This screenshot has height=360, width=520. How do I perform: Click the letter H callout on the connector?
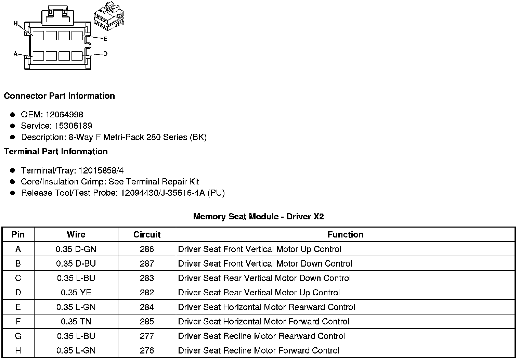pyautogui.click(x=15, y=23)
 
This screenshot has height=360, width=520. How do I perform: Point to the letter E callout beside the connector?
pyautogui.click(x=105, y=39)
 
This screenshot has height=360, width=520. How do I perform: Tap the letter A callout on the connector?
pyautogui.click(x=15, y=54)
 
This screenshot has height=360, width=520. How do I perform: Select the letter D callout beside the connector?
pyautogui.click(x=105, y=54)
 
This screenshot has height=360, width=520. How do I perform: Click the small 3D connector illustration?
pyautogui.click(x=109, y=19)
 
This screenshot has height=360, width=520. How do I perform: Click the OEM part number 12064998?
pyautogui.click(x=64, y=115)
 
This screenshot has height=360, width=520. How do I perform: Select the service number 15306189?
pyautogui.click(x=73, y=126)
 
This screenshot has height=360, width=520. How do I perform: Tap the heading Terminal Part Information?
pyautogui.click(x=56, y=152)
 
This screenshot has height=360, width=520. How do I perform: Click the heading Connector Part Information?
pyautogui.click(x=59, y=96)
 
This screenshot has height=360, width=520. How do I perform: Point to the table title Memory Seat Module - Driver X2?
pyautogui.click(x=258, y=217)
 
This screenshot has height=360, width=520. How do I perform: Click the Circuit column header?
pyautogui.click(x=147, y=235)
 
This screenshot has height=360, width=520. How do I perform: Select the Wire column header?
pyautogui.click(x=76, y=235)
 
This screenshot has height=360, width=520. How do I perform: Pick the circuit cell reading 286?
pyautogui.click(x=147, y=249)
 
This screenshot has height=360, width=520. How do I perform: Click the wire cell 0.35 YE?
pyautogui.click(x=76, y=293)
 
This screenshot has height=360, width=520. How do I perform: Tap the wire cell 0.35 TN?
pyautogui.click(x=76, y=321)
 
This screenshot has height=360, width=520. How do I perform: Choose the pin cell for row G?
pyautogui.click(x=18, y=336)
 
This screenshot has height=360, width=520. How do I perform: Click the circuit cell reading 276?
pyautogui.click(x=147, y=350)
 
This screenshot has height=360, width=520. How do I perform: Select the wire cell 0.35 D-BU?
pyautogui.click(x=76, y=263)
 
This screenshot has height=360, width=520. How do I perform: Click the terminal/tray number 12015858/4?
pyautogui.click(x=101, y=170)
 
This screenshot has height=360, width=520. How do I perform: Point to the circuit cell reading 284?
pyautogui.click(x=147, y=307)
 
